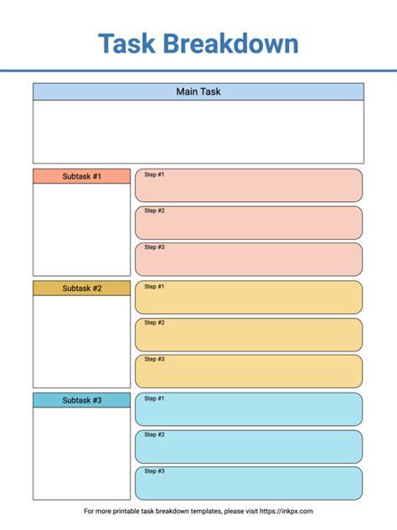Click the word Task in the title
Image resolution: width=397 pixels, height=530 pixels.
point(127,44)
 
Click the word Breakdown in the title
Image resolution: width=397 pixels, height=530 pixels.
point(231,44)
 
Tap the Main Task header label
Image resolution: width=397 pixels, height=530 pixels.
point(198,91)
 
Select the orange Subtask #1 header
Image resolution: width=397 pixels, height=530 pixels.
point(82,176)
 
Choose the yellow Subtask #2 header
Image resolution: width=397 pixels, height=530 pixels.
point(82,288)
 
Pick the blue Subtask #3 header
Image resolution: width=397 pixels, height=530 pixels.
point(82,400)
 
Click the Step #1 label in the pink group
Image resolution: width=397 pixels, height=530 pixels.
point(154,174)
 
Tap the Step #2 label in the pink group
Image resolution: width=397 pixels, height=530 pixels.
point(154,210)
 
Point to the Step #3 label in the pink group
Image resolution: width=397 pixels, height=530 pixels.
point(154,247)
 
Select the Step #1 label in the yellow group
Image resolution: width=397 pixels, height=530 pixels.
point(154,286)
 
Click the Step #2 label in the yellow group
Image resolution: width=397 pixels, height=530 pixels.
point(154,323)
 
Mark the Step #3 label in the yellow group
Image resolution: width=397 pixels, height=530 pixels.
point(154,359)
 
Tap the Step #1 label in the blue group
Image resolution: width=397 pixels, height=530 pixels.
point(154,398)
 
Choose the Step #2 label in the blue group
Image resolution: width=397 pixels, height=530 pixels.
point(154,434)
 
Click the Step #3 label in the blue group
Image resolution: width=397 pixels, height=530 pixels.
point(154,470)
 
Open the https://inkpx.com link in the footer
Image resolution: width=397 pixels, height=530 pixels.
point(286,511)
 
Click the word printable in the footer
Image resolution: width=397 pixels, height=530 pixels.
point(125,511)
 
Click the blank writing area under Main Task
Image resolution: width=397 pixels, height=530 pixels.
point(198,132)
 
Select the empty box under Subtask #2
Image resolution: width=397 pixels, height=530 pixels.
point(82,341)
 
